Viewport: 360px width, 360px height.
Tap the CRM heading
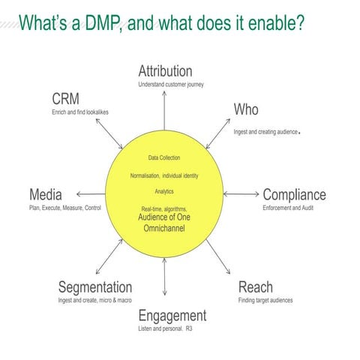click(65, 100)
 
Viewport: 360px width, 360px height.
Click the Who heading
click(245, 110)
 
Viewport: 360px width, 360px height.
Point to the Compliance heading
click(294, 195)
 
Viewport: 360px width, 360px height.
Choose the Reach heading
click(255, 287)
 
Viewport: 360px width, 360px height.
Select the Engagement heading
click(172, 315)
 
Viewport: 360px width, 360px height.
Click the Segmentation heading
click(95, 287)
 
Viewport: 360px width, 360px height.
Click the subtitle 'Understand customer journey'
click(170, 85)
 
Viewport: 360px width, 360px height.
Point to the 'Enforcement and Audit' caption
click(289, 207)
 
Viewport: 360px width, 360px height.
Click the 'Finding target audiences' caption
click(265, 300)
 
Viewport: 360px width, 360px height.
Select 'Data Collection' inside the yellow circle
click(163, 157)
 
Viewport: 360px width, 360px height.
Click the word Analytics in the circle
click(163, 191)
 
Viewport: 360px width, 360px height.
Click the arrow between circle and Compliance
click(241, 194)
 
